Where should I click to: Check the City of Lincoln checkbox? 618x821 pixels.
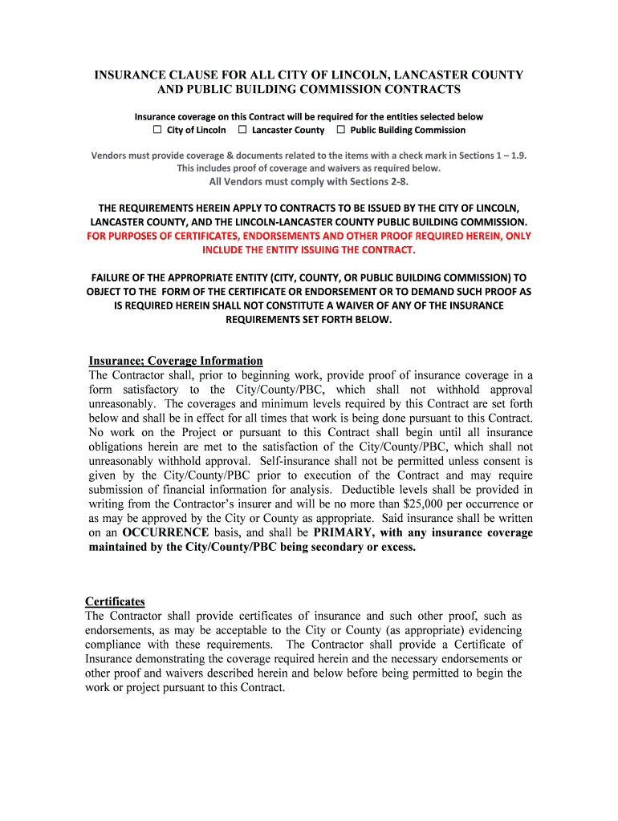click(158, 130)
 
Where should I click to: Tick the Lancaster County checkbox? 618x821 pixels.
click(242, 130)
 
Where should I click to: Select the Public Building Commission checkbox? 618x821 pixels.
click(340, 130)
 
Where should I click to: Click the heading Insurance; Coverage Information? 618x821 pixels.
click(176, 361)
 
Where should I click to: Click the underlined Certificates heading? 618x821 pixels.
click(115, 601)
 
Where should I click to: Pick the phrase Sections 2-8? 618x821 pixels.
click(386, 181)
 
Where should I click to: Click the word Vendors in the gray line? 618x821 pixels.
click(108, 155)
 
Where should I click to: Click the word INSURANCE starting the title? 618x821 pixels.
click(132, 75)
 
